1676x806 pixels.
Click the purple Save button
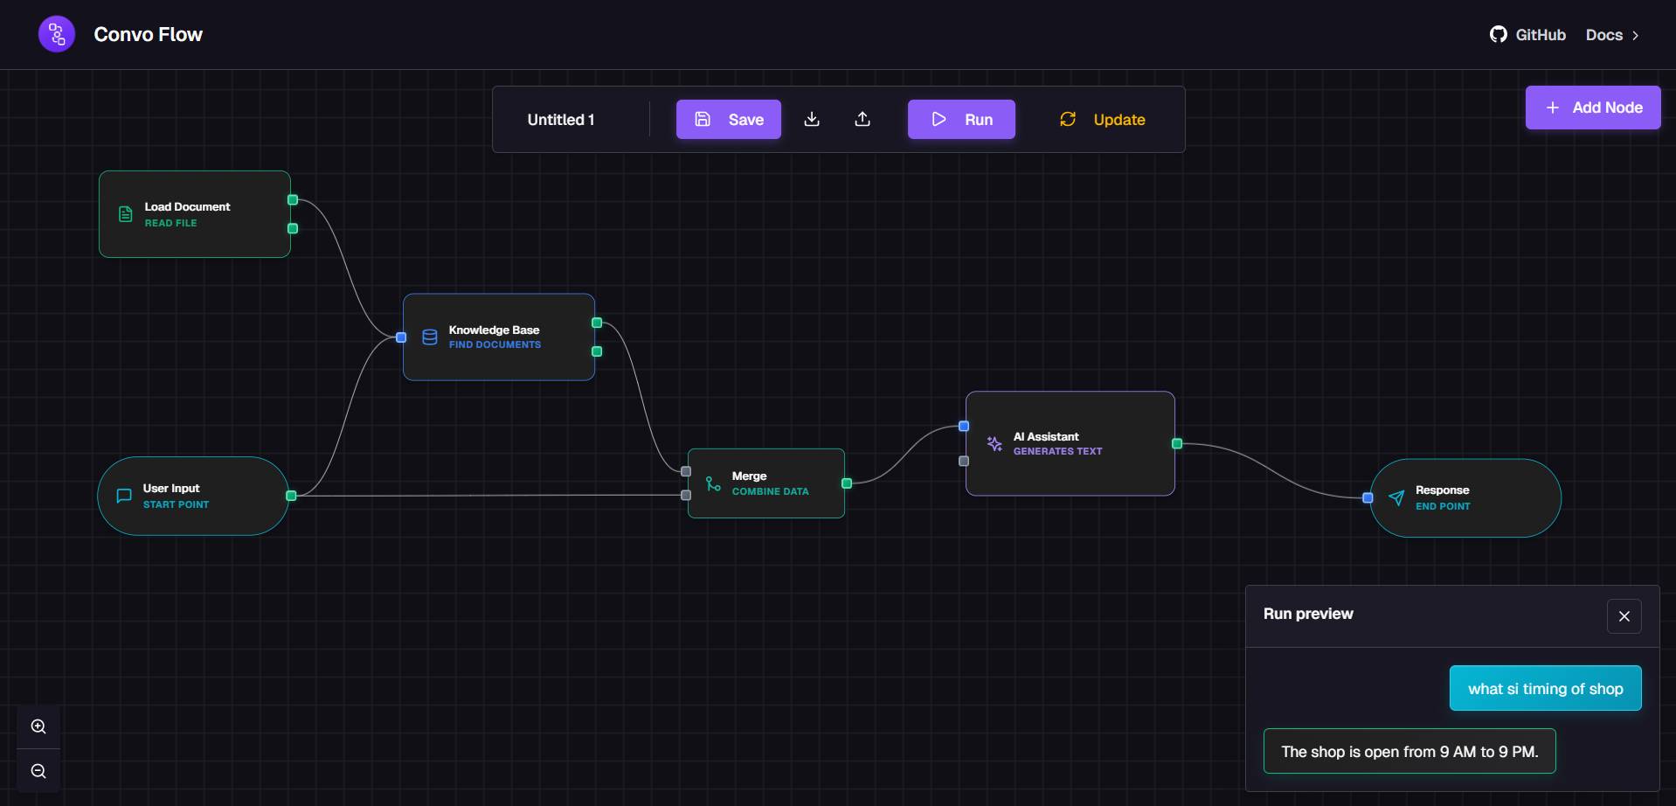[728, 120]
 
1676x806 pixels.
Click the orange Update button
[1103, 120]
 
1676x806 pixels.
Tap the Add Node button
[1592, 108]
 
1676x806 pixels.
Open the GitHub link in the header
[1527, 35]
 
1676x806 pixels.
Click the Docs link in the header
[1611, 35]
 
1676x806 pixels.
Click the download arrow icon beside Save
[812, 119]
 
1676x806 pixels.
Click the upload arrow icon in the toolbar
[862, 119]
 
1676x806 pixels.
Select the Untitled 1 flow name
[561, 120]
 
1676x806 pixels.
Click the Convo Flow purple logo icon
[57, 34]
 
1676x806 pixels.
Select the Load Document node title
[187, 207]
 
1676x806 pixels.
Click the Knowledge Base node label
[494, 330]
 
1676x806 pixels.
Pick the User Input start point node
[193, 496]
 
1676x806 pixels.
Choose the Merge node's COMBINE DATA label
[770, 492]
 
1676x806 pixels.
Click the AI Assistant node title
[1046, 437]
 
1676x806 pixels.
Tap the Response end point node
[1465, 497]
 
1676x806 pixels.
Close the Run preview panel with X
[1624, 616]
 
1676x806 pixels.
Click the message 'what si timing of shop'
[1545, 689]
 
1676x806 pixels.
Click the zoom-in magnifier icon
[38, 726]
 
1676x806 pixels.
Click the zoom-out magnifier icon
[38, 771]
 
